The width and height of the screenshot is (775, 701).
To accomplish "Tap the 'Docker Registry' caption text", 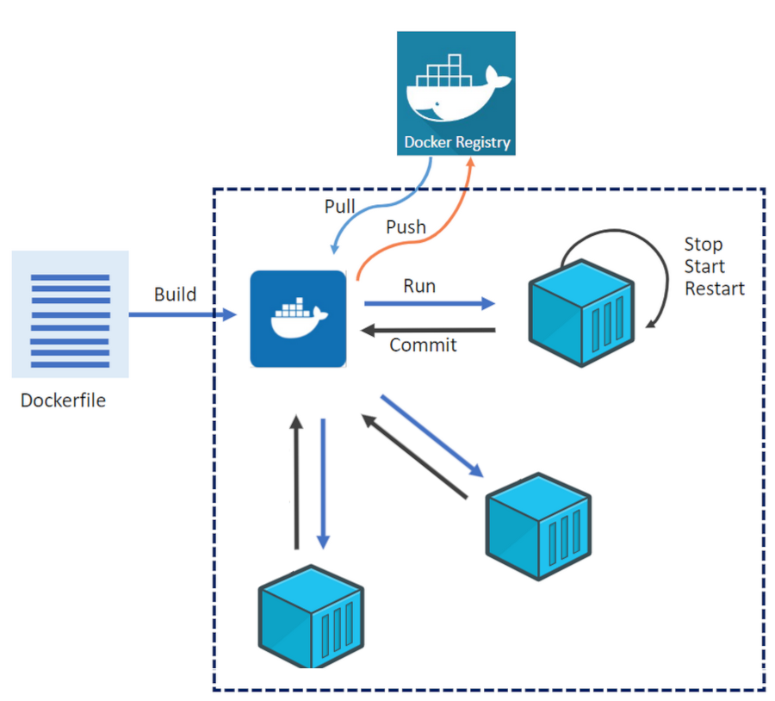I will click(x=456, y=142).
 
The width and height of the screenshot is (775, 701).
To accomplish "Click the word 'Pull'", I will click(x=340, y=207).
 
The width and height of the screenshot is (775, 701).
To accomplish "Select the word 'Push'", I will click(x=406, y=227).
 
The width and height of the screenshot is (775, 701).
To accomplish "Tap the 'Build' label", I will click(x=175, y=295).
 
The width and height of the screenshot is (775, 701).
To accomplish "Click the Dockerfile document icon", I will click(x=70, y=314).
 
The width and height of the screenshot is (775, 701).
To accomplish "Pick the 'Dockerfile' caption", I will click(x=63, y=400).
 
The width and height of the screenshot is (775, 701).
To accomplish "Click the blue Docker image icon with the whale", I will click(x=298, y=319).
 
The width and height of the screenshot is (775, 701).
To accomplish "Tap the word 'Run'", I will click(x=419, y=286).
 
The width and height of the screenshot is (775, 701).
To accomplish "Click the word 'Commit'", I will click(x=423, y=345).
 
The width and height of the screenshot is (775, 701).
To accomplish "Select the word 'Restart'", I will click(x=714, y=288).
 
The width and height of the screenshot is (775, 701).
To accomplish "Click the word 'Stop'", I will click(x=704, y=245).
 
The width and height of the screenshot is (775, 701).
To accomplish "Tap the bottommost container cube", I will click(x=311, y=617).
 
